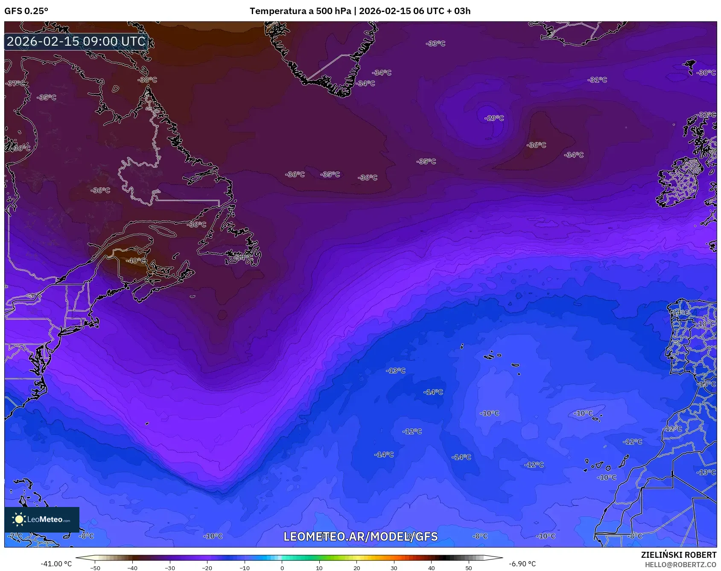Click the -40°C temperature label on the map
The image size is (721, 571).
click(136, 260)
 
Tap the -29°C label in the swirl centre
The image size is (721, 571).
click(494, 118)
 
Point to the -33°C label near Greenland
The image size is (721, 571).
click(436, 44)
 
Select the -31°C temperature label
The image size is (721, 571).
click(597, 80)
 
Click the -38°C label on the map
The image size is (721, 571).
click(147, 80)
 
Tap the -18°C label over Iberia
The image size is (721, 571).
click(706, 324)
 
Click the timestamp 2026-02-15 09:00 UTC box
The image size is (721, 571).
click(76, 41)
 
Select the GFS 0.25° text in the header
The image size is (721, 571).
click(26, 11)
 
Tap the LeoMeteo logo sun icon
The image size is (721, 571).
click(19, 519)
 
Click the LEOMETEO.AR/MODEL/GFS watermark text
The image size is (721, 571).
click(360, 536)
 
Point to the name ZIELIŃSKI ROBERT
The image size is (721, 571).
click(678, 555)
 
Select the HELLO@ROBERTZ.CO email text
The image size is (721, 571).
click(680, 564)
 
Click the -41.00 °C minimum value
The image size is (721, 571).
click(56, 564)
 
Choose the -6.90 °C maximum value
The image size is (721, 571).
click(522, 564)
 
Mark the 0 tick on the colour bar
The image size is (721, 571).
click(282, 568)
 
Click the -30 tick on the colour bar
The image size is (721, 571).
click(170, 568)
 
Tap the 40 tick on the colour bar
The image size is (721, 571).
click(431, 568)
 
